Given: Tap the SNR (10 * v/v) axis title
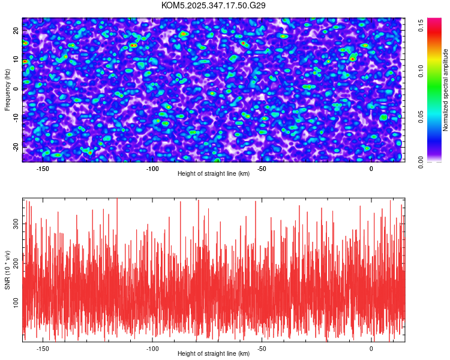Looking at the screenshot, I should click(7, 269).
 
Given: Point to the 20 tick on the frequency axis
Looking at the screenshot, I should click(16, 30).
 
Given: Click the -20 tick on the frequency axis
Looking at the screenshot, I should click(16, 147).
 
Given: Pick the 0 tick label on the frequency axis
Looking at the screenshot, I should click(16, 89).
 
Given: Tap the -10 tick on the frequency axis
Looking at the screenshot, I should click(16, 118).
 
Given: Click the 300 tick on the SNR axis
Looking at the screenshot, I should click(16, 223).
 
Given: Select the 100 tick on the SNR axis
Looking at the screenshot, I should click(16, 304).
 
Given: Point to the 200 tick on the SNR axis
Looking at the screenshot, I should click(16, 264).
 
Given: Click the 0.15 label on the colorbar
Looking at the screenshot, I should click(422, 25).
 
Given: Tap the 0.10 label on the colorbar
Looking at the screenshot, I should click(422, 71).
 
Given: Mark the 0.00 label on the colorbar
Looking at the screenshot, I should click(422, 162).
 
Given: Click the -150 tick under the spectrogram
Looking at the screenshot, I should click(43, 168).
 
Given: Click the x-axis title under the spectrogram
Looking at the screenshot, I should click(214, 174).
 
